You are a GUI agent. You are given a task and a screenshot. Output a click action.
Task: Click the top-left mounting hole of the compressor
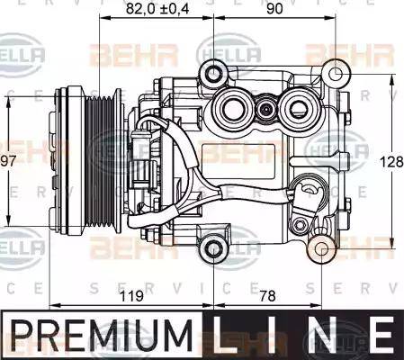(211, 72)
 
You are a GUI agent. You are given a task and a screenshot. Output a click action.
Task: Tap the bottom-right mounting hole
(323, 249)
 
